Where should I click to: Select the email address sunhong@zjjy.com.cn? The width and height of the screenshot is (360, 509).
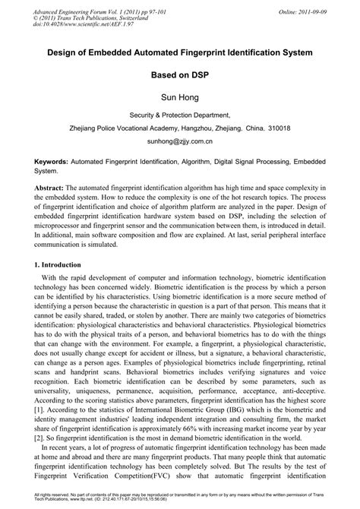[x=179, y=141]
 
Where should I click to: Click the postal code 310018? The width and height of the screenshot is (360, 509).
[x=276, y=128]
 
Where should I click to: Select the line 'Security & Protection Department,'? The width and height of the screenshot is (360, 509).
[x=179, y=114]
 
